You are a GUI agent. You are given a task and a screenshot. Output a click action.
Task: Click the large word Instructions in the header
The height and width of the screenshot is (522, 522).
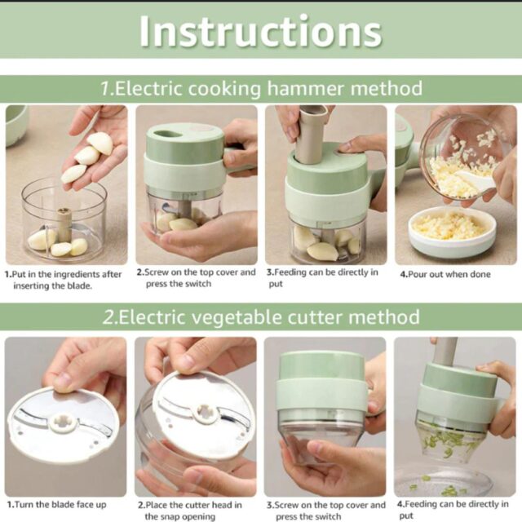261,32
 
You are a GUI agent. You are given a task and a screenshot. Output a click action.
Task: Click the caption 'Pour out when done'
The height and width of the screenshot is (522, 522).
445,274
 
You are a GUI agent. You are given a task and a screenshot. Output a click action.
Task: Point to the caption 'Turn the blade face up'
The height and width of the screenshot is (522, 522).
56,505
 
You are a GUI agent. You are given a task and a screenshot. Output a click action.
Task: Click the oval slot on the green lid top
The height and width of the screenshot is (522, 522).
166,134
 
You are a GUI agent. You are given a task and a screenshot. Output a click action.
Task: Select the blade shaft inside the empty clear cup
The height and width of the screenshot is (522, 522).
64,224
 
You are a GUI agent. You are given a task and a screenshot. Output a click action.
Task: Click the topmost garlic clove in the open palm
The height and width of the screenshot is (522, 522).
100,143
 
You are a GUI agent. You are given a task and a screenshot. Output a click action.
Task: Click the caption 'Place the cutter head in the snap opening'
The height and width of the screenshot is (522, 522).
190,511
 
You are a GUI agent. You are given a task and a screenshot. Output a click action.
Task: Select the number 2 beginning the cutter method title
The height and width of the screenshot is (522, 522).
108,317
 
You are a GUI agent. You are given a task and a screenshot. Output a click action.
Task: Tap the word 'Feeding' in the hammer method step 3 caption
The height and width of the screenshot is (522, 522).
290,272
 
